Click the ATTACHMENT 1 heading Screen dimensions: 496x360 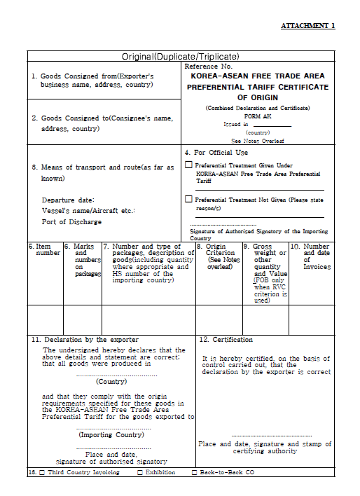tap(307, 26)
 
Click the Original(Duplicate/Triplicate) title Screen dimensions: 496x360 tap(181, 56)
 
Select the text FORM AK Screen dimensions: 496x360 tap(257, 116)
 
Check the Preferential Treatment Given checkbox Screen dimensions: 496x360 tap(188, 165)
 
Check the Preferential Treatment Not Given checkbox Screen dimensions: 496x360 tap(188, 199)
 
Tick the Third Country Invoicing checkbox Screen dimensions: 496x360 tap(41, 473)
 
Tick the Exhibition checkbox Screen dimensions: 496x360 tap(140, 473)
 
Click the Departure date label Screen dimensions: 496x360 tap(68, 200)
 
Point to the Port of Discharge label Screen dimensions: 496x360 tap(71, 221)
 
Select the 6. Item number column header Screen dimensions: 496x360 tap(45, 249)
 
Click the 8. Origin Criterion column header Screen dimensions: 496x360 tap(218, 256)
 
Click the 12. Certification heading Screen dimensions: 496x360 tap(226, 340)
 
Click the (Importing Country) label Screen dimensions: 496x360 tap(111, 435)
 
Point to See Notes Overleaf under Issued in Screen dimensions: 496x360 tap(258, 140)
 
